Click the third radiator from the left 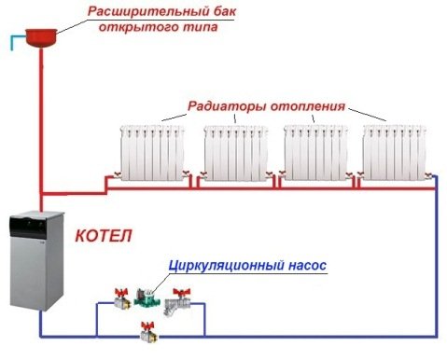(314, 149)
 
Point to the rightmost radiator (395, 149)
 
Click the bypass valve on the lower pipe (146, 329)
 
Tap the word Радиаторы (223, 105)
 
